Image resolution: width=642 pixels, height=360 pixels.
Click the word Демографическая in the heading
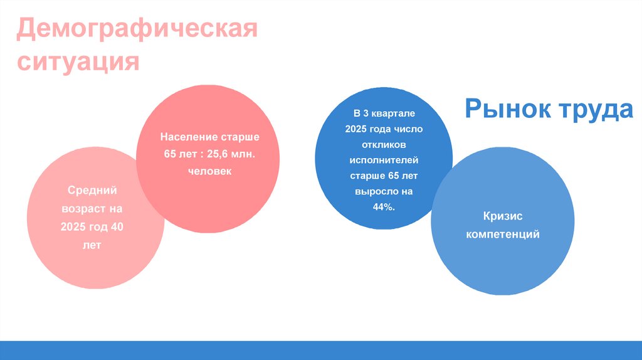pos(137,30)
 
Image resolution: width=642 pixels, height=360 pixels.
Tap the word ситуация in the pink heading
pos(78,62)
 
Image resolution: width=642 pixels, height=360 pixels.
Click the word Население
pos(188,137)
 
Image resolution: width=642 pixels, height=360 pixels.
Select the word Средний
pos(92,190)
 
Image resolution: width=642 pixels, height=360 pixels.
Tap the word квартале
pos(394,114)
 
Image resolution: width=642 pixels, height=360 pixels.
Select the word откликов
pos(383,145)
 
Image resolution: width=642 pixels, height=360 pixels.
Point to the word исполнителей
pos(383,160)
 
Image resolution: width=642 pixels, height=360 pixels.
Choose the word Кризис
pos(502,216)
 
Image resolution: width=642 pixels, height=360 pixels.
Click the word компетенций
pos(502,235)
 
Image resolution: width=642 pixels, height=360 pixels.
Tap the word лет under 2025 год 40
pos(92,245)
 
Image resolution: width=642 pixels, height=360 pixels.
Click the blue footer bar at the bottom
pos(321,350)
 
